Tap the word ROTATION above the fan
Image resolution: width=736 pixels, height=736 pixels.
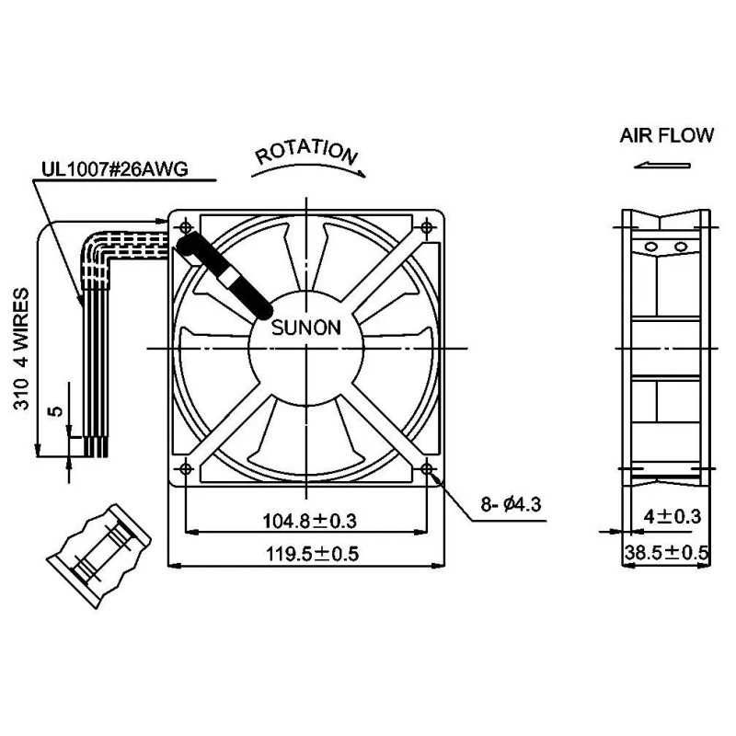pyautogui.click(x=305, y=153)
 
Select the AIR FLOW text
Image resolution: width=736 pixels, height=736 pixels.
pyautogui.click(x=666, y=136)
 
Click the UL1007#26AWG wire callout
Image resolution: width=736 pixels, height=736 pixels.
pyautogui.click(x=114, y=169)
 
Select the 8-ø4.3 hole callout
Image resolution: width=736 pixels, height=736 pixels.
pyautogui.click(x=511, y=504)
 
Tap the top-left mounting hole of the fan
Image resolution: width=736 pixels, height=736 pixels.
pyautogui.click(x=187, y=225)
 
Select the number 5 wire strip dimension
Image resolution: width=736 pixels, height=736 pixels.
pyautogui.click(x=55, y=411)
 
